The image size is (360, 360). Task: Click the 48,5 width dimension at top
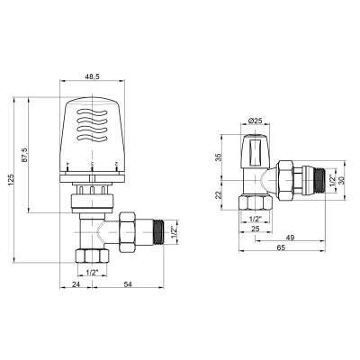pos(92,78)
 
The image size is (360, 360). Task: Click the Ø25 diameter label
pos(255,120)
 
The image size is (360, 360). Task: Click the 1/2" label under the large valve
pos(90,272)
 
